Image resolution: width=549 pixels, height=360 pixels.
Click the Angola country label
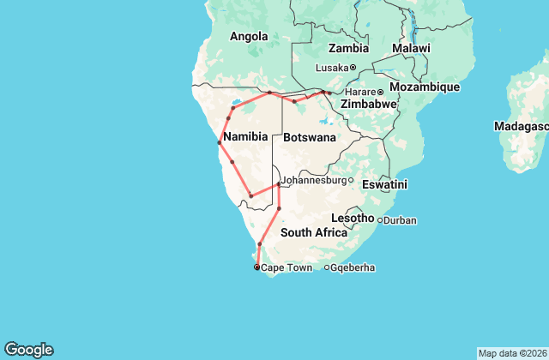[249, 36]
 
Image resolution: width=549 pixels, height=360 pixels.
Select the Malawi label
[411, 49]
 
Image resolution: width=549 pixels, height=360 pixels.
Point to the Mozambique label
[425, 87]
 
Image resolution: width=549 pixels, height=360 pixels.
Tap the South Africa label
[313, 232]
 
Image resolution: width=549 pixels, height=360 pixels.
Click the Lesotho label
[353, 219]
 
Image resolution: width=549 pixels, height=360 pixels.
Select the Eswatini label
[385, 184]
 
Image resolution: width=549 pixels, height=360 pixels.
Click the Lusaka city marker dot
[353, 68]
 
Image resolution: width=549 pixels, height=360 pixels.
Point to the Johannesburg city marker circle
[350, 180]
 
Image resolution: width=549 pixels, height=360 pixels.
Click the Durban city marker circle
[380, 220]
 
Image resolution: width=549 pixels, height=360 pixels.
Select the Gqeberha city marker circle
[326, 267]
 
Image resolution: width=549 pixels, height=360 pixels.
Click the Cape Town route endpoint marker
[256, 267]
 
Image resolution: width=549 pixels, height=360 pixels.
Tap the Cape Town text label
[287, 267]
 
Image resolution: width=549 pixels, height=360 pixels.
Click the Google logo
[28, 350]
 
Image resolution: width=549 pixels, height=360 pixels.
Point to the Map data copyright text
[511, 353]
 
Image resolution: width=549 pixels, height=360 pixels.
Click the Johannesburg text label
[313, 180]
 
